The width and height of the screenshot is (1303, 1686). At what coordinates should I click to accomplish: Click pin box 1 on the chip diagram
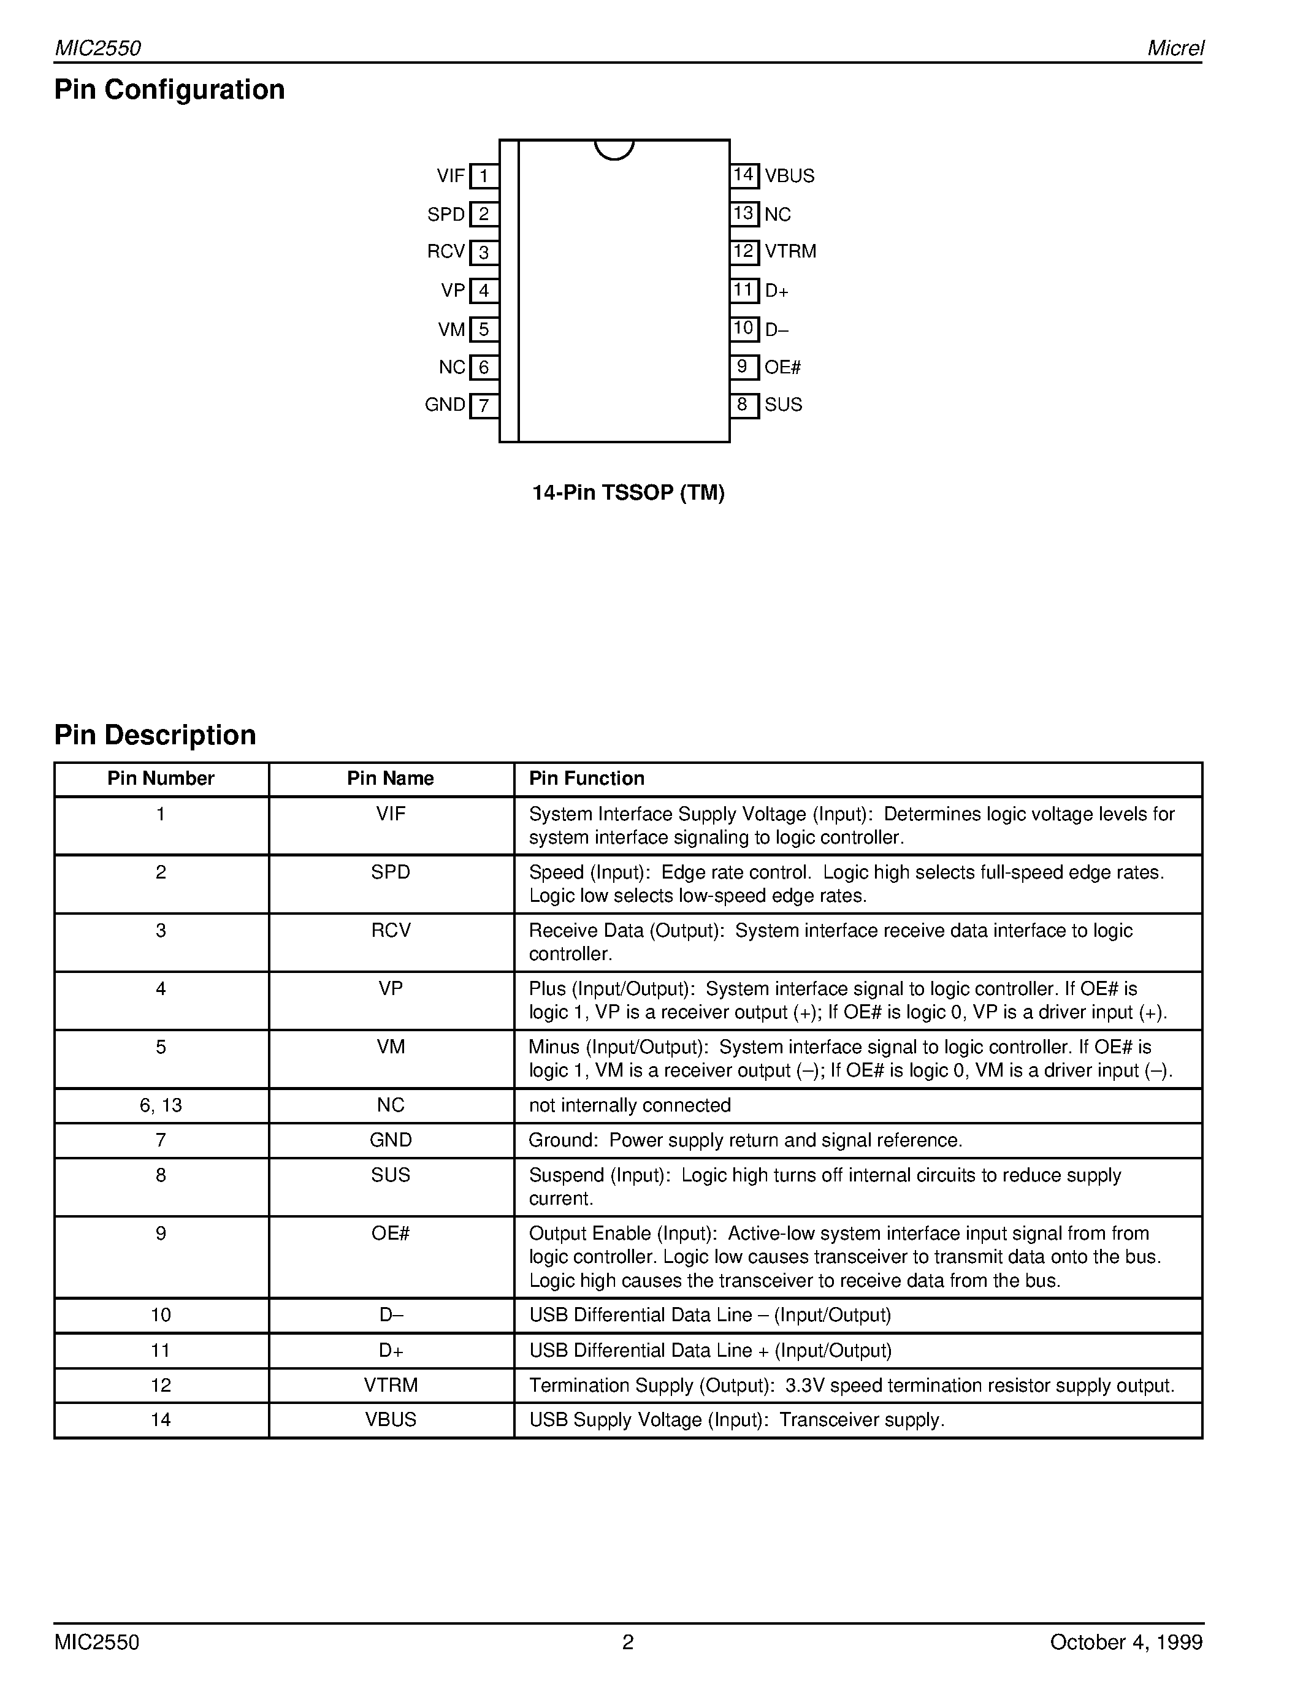pyautogui.click(x=484, y=177)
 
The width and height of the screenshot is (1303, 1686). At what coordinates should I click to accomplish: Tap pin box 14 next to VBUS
pyautogui.click(x=744, y=175)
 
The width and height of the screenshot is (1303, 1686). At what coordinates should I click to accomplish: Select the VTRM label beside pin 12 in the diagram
pyautogui.click(x=790, y=251)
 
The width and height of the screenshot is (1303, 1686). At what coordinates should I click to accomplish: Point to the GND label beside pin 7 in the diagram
pyautogui.click(x=445, y=405)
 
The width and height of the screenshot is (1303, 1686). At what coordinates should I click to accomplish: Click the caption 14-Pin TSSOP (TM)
pyautogui.click(x=629, y=492)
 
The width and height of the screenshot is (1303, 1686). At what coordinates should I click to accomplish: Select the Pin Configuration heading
pyautogui.click(x=169, y=90)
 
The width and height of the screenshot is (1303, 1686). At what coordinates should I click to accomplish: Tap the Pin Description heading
pyautogui.click(x=155, y=735)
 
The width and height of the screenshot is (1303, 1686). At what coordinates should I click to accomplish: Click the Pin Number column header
pyautogui.click(x=161, y=778)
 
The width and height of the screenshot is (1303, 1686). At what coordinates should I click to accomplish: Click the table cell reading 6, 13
pyautogui.click(x=161, y=1105)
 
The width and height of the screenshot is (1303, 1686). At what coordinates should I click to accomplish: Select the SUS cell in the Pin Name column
pyautogui.click(x=391, y=1175)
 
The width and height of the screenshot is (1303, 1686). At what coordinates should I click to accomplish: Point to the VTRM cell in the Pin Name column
pyautogui.click(x=391, y=1385)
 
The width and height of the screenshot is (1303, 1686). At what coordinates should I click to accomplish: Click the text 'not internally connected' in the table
pyautogui.click(x=629, y=1105)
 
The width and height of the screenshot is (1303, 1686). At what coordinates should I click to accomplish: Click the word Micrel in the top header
pyautogui.click(x=1175, y=48)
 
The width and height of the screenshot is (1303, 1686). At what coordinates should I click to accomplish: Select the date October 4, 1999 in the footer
pyautogui.click(x=1125, y=1642)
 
